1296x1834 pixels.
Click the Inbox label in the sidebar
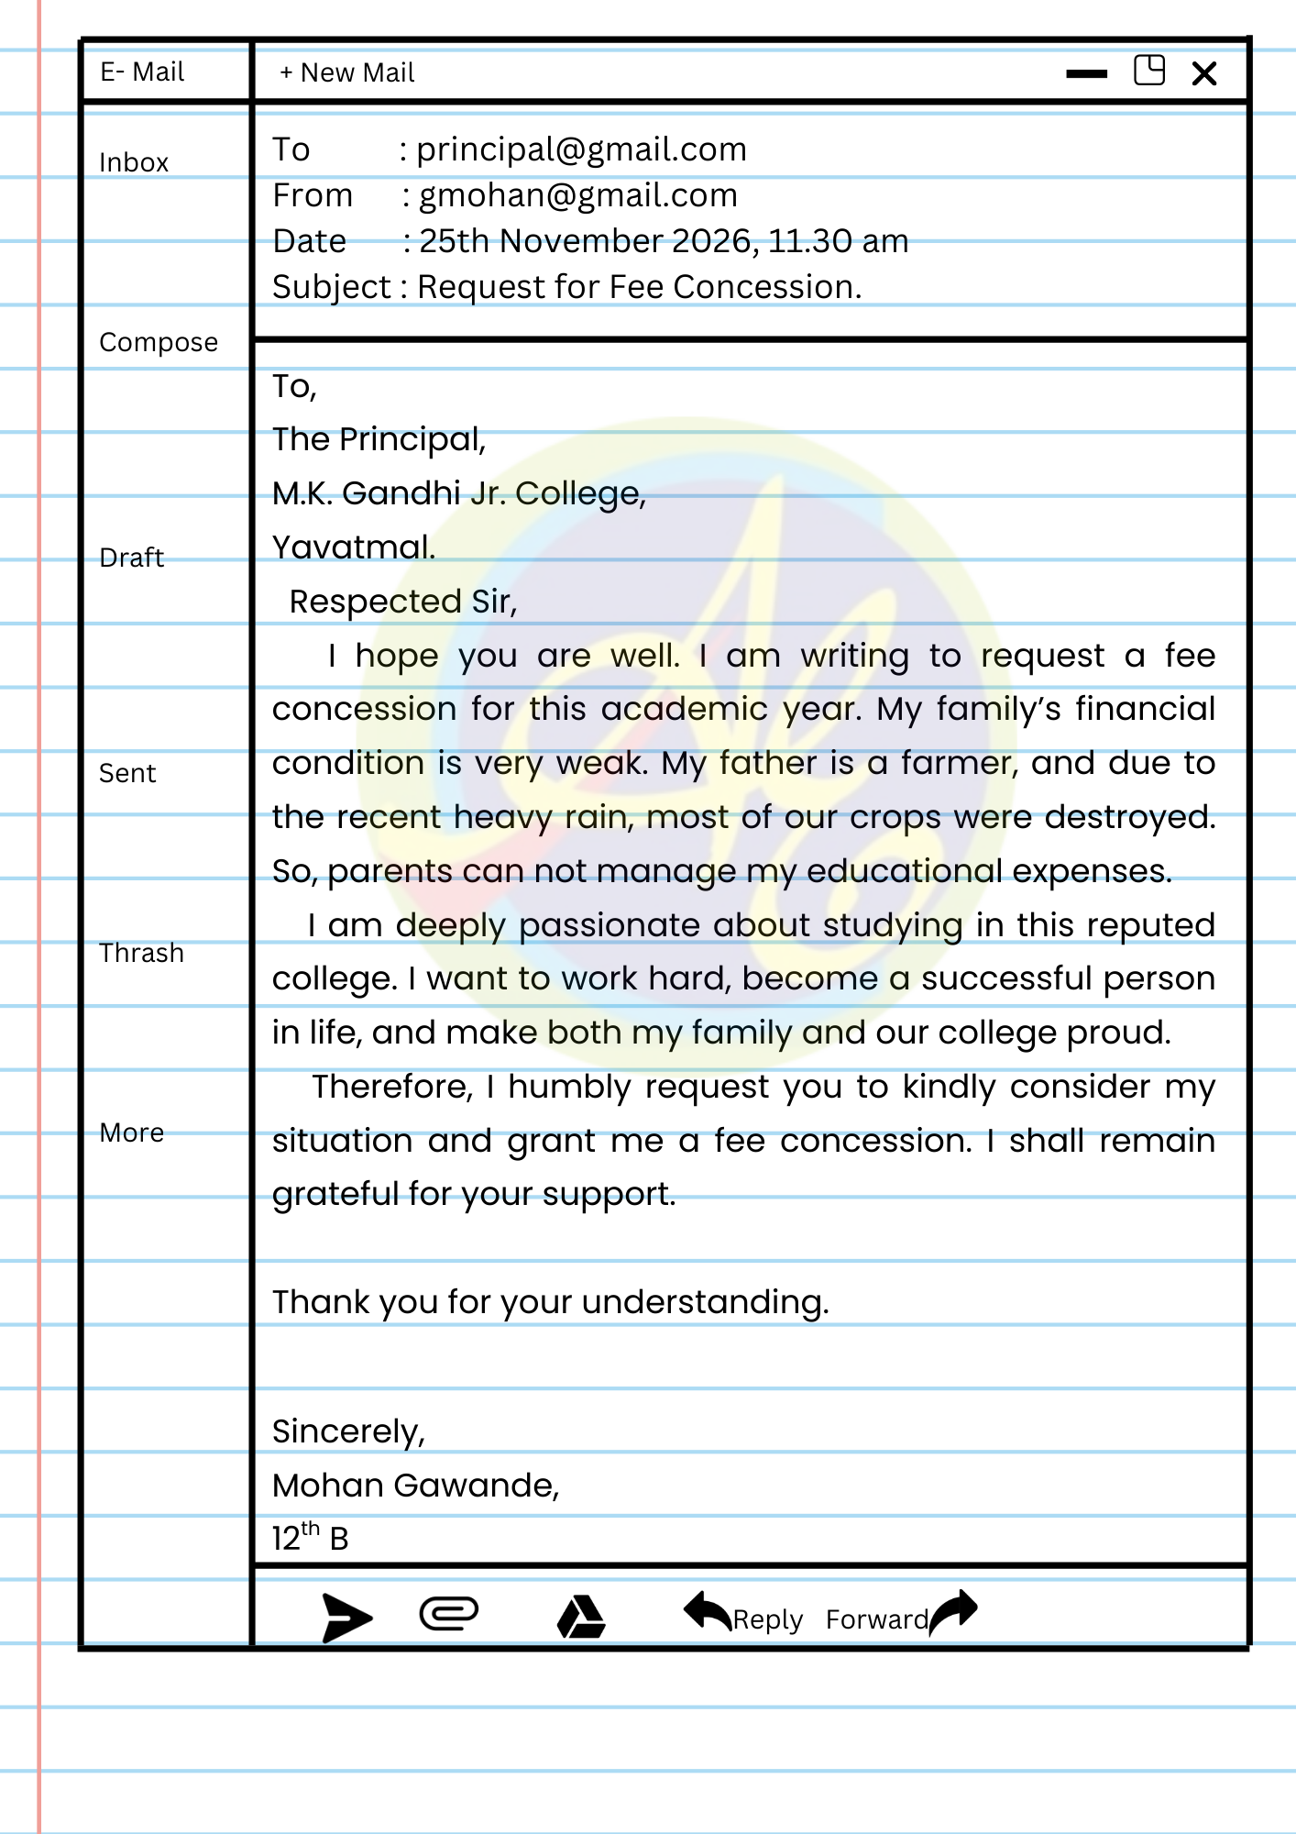[134, 162]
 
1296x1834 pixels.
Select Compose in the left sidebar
[159, 342]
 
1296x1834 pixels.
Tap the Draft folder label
[131, 558]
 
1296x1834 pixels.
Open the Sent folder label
[127, 773]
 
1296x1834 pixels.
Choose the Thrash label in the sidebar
[141, 953]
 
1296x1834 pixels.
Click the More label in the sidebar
[131, 1132]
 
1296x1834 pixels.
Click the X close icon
[1204, 73]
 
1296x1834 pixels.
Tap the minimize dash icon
[1087, 74]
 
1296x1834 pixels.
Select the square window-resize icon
[1149, 71]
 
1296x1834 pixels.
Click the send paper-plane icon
[346, 1618]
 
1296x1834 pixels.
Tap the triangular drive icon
[581, 1617]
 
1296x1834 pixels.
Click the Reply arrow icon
[708, 1611]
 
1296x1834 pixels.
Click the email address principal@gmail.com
[581, 149]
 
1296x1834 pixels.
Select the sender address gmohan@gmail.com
[577, 195]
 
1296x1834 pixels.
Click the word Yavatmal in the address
[354, 547]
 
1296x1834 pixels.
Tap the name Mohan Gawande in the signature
[414, 1486]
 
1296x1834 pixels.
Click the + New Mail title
[347, 72]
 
